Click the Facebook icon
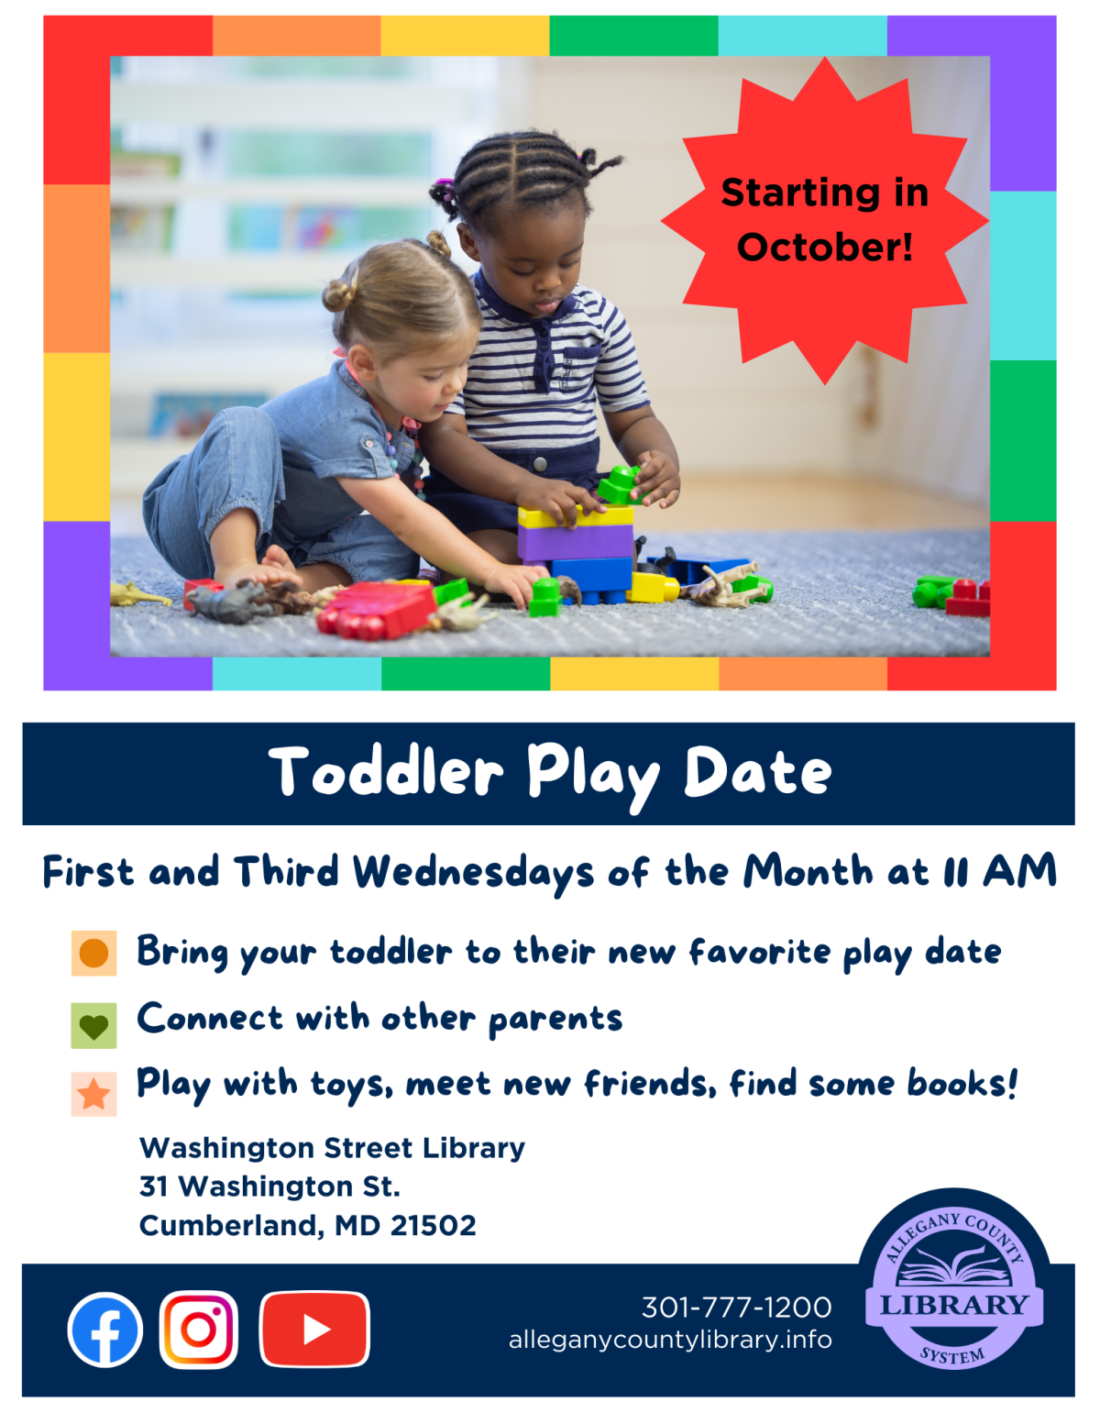tap(104, 1330)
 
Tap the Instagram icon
tap(199, 1330)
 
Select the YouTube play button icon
tap(314, 1330)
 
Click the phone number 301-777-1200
tap(736, 1307)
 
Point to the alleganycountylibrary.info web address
tap(670, 1340)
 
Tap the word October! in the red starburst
tap(825, 247)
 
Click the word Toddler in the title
tap(386, 772)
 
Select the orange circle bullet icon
tap(93, 953)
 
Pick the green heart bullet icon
tap(93, 1025)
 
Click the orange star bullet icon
tap(93, 1094)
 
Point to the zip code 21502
tap(434, 1225)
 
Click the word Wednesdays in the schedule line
tap(474, 872)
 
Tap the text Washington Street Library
tap(332, 1148)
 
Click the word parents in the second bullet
tap(555, 1020)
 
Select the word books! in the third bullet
tap(962, 1084)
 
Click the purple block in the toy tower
tap(575, 541)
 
